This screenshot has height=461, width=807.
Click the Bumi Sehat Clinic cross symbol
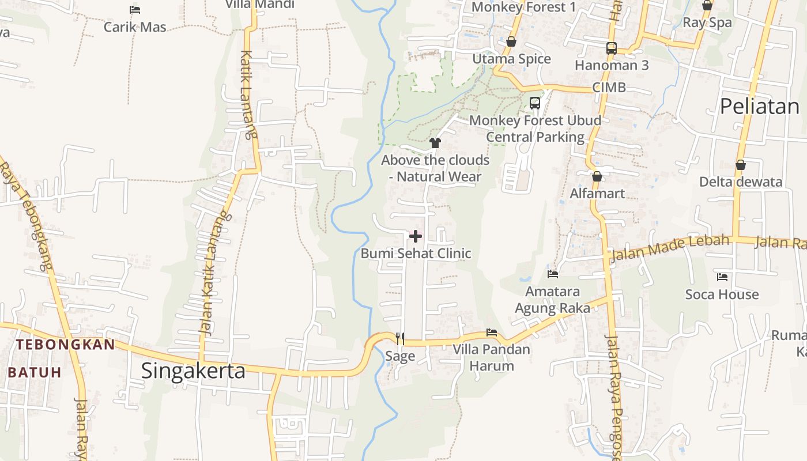pos(415,236)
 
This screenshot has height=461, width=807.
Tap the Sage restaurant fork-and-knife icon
pos(400,338)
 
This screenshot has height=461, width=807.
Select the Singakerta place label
pos(193,371)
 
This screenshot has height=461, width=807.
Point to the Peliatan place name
pos(760,106)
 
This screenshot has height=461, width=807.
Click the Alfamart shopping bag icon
pos(597,176)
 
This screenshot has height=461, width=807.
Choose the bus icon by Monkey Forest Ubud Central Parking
pos(535,103)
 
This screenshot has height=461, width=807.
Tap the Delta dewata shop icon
pos(741,165)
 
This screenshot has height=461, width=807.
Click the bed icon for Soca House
pos(722,277)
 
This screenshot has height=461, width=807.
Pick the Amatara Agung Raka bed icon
pos(553,274)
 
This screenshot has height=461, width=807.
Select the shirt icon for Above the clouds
pos(435,143)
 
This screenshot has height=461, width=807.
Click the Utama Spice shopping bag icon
pos(511,42)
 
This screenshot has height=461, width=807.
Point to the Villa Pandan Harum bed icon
pos(492,332)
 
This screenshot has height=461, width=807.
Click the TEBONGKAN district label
pos(65,345)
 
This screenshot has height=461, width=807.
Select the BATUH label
pos(35,372)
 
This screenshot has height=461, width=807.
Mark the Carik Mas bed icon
pos(135,10)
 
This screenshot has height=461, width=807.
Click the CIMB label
pos(609,88)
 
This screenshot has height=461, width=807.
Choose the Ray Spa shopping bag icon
pos(707,6)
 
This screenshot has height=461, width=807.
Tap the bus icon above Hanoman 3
pos(612,48)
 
